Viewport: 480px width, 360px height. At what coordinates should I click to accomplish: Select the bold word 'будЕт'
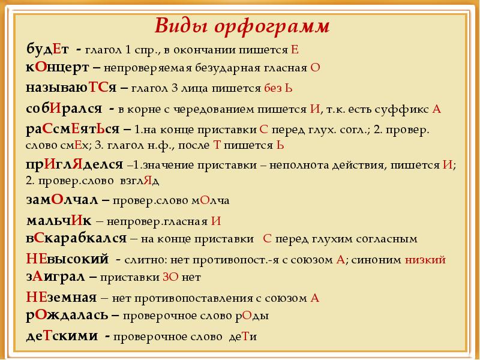point(47,49)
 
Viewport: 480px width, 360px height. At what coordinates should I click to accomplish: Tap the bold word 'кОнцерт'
point(58,68)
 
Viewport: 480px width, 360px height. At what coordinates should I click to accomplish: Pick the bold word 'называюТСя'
point(71,88)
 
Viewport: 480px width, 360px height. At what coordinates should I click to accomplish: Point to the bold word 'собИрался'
point(64,109)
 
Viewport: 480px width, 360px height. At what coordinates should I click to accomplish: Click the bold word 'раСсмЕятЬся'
point(73,130)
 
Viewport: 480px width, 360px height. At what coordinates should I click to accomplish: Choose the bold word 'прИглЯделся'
point(74,165)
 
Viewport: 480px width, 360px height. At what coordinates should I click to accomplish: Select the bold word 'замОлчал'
point(62,200)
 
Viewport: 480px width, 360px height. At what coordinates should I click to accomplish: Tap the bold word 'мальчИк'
point(59,220)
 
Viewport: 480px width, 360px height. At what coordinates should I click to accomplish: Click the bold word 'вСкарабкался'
point(76,238)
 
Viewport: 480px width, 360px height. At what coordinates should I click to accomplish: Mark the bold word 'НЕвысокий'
point(67,259)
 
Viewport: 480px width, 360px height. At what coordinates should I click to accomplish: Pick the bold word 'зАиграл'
point(55,277)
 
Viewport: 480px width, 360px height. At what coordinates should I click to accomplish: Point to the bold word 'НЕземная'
point(61,297)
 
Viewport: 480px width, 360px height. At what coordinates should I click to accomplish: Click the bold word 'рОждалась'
point(67,315)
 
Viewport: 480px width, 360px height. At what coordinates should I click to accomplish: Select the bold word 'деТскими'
point(62,336)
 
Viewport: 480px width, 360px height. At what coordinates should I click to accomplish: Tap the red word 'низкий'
point(425,260)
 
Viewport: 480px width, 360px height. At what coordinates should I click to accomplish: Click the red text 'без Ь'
point(278,88)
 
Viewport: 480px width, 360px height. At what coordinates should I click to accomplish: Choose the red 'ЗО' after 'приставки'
point(170,277)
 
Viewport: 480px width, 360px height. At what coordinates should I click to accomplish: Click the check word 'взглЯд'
point(140,181)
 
